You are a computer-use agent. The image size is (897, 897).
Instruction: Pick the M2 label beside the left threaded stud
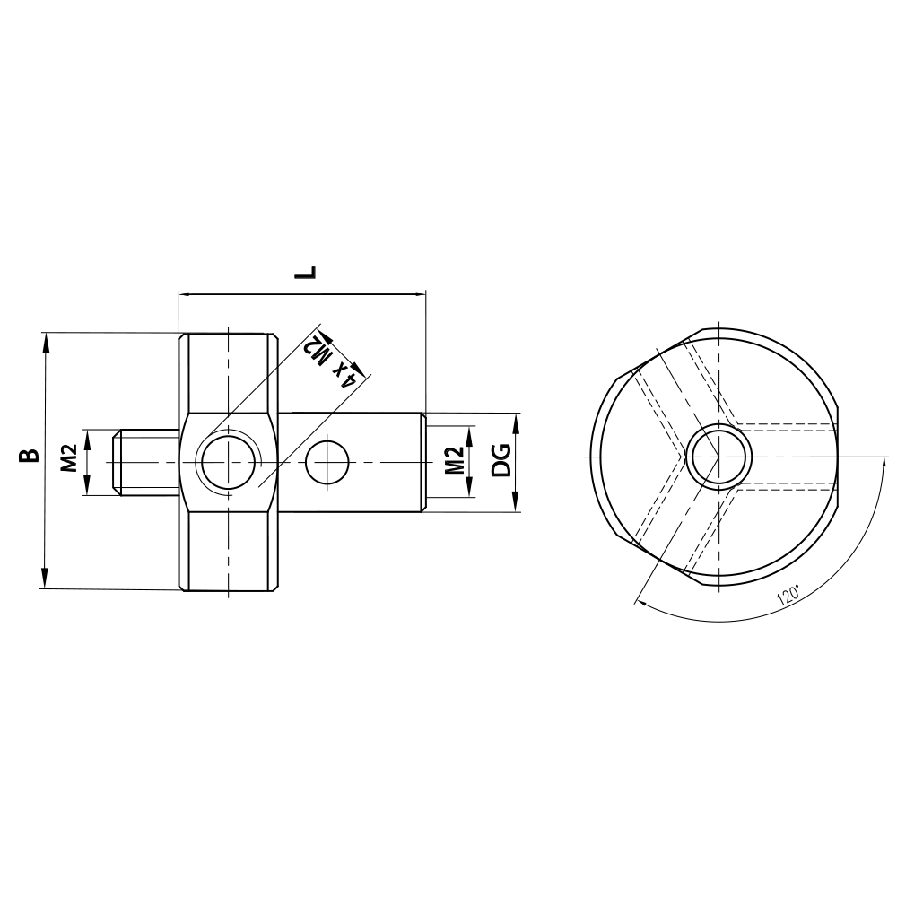click(x=68, y=461)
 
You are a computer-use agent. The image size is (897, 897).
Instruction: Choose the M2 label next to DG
click(x=455, y=461)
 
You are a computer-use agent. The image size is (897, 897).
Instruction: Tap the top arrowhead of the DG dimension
click(x=518, y=419)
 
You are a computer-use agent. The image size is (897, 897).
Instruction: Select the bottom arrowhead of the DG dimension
click(x=518, y=505)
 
